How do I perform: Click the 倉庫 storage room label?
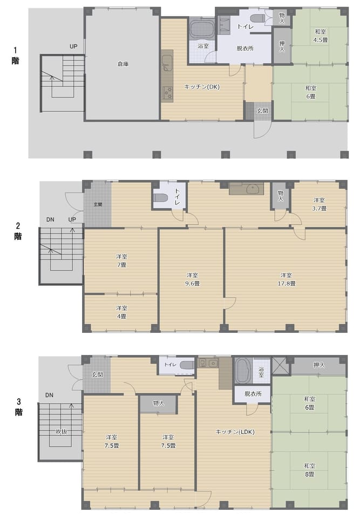coord(123,64)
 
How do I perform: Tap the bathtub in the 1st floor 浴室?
coord(202,29)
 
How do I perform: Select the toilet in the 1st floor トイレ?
coord(256,18)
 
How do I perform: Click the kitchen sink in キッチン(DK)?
coord(167,63)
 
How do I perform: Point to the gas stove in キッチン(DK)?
coord(168,92)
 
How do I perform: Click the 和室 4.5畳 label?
coord(321,36)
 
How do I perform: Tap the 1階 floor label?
coord(15,56)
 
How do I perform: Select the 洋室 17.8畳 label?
coord(286,279)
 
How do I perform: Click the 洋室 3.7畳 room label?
coord(320,204)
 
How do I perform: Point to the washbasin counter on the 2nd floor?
coord(246,189)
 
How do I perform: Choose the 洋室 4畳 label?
coord(121,312)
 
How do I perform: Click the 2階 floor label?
coord(18,231)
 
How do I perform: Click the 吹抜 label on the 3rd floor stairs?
coord(61,432)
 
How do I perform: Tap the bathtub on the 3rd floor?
coord(243,371)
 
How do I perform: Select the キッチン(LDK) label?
coord(235,432)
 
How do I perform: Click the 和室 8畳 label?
coord(309,470)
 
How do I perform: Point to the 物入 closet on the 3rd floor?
coord(158,404)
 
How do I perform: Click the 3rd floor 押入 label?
coord(319,365)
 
